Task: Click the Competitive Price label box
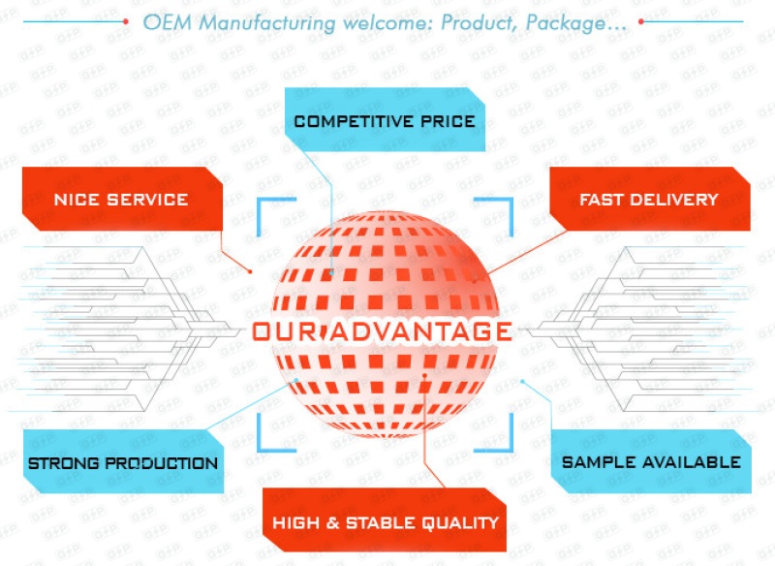[385, 120]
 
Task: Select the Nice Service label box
[121, 200]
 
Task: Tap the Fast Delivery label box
[649, 200]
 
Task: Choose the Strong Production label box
[122, 462]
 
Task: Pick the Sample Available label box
[651, 461]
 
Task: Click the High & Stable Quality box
[386, 522]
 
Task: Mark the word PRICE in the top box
[448, 121]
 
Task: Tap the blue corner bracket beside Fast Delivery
[499, 209]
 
